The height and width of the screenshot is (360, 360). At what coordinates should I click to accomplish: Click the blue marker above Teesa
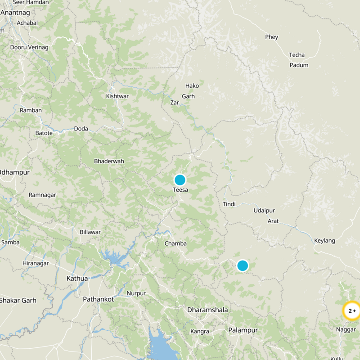180,180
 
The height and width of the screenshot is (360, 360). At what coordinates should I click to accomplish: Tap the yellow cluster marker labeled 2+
351,310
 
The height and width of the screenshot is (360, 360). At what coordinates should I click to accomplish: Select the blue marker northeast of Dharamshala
243,265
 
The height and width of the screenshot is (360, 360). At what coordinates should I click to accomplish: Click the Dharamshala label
207,310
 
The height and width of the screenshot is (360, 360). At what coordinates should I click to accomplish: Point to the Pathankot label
98,299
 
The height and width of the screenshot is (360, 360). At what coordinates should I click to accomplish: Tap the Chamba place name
175,243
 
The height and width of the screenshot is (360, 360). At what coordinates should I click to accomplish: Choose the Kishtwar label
117,96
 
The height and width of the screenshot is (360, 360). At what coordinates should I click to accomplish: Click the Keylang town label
324,241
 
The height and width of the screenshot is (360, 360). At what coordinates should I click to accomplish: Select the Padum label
299,65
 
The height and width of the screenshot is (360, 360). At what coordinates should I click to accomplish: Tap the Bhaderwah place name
109,161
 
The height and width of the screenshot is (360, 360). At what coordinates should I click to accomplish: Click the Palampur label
243,330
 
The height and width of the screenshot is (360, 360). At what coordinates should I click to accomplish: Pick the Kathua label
77,278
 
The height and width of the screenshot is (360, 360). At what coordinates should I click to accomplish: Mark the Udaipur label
264,211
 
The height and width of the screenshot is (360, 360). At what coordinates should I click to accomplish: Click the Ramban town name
31,110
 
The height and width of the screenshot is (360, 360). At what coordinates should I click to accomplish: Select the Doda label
81,129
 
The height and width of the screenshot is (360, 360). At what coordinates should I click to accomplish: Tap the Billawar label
90,232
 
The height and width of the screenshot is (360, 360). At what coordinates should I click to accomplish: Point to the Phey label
272,37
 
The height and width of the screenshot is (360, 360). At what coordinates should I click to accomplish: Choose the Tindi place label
229,204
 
